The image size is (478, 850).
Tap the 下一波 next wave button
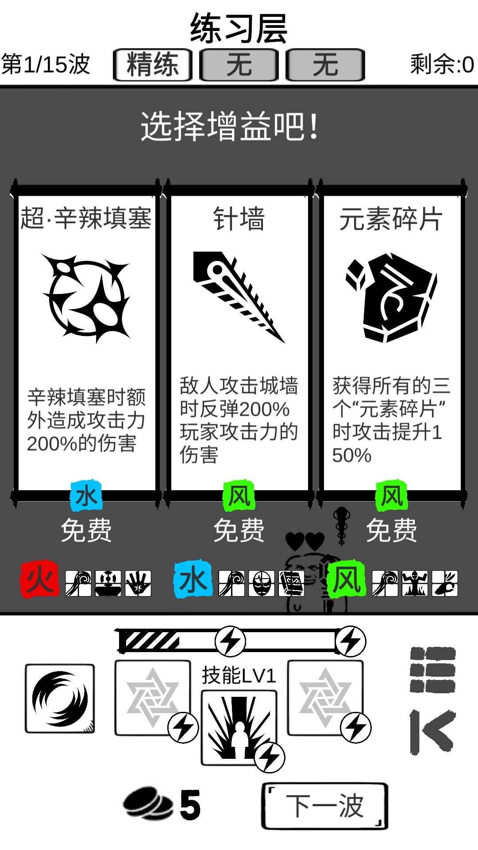point(325,806)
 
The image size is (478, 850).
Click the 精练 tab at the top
point(153,65)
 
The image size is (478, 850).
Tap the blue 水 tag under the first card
point(86,496)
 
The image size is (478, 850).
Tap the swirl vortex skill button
point(60,699)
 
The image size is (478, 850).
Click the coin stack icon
point(148,804)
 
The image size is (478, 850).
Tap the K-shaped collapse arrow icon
point(432,732)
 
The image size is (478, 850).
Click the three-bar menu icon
point(432,669)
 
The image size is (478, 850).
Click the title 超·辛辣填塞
point(86,219)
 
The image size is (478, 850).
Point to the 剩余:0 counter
point(442,65)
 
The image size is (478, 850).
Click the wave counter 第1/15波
point(46,65)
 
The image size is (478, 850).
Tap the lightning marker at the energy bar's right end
point(351,641)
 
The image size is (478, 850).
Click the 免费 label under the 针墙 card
point(239,530)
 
